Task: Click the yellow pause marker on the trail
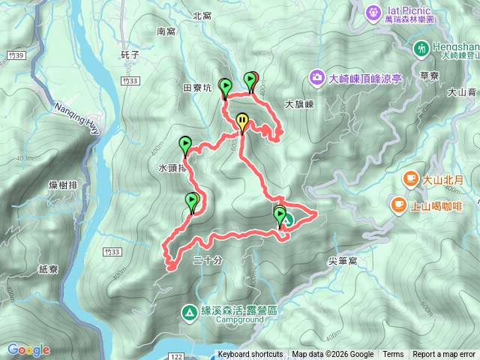[242, 121]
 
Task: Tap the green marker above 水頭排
[185, 143]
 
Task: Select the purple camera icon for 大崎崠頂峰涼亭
[318, 77]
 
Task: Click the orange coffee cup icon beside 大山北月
[410, 178]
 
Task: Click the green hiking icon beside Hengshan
[421, 49]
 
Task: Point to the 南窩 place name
[166, 31]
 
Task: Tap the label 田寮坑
[198, 88]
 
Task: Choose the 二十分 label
[208, 261]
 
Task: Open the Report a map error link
[443, 355]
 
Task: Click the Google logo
[28, 349]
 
